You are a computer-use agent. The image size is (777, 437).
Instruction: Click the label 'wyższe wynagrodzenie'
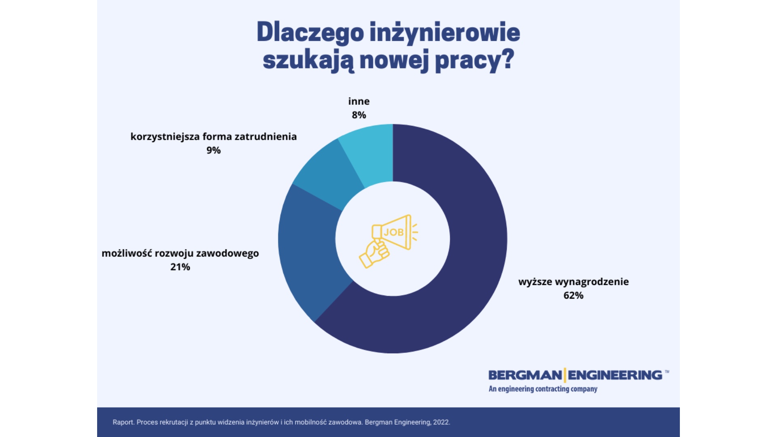pos(573,282)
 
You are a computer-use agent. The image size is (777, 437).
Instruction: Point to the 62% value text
pos(573,296)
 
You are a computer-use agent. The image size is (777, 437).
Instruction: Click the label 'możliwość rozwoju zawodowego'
pos(180,254)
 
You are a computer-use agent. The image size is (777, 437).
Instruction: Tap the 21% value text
pos(180,267)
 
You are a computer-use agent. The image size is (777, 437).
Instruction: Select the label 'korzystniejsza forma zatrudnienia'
pos(213,137)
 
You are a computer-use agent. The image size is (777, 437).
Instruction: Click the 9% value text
pos(213,151)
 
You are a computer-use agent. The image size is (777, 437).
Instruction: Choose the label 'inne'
pos(359,101)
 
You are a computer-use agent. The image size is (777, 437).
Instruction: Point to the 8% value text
pos(359,115)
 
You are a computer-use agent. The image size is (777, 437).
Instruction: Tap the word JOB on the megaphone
pos(393,232)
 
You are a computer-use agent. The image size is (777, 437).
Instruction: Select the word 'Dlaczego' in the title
pos(310,33)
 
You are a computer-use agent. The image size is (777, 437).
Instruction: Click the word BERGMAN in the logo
pos(525,375)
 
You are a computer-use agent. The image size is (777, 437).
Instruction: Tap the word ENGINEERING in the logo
pos(615,375)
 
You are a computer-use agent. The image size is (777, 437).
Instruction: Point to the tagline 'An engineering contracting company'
pos(543,389)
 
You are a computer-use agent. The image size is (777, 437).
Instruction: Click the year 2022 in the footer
pos(441,422)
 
